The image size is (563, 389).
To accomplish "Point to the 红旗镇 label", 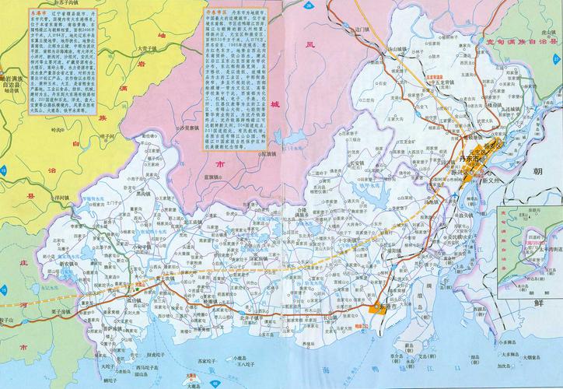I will [x=268, y=155].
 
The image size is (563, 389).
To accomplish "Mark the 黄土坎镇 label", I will [x=166, y=281].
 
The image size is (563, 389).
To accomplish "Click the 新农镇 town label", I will [x=71, y=262].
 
